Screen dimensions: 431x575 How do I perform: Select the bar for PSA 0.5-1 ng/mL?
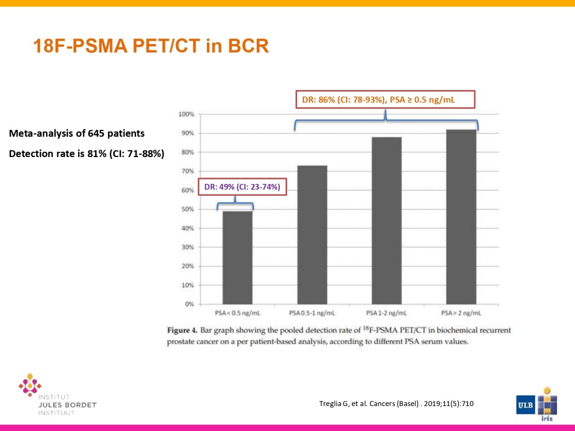(312, 235)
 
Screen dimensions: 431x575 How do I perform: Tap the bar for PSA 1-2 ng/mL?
(386, 220)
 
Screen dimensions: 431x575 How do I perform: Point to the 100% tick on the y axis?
(187, 114)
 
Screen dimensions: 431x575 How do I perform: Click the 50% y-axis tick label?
(188, 209)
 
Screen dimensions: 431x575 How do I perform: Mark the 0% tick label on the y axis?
(189, 304)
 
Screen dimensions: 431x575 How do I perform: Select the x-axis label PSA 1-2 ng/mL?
(386, 314)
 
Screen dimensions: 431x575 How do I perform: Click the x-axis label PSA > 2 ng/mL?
(461, 314)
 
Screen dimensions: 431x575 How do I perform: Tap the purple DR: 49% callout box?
(242, 187)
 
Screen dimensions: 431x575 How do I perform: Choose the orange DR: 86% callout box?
(384, 99)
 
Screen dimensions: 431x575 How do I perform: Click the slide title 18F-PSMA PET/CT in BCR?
(151, 46)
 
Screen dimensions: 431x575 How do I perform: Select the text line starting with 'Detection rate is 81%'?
(86, 154)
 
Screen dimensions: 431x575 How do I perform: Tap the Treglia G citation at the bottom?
(396, 404)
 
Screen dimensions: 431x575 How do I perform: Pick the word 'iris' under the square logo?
(547, 419)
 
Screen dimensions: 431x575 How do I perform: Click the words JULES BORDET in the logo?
(67, 405)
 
